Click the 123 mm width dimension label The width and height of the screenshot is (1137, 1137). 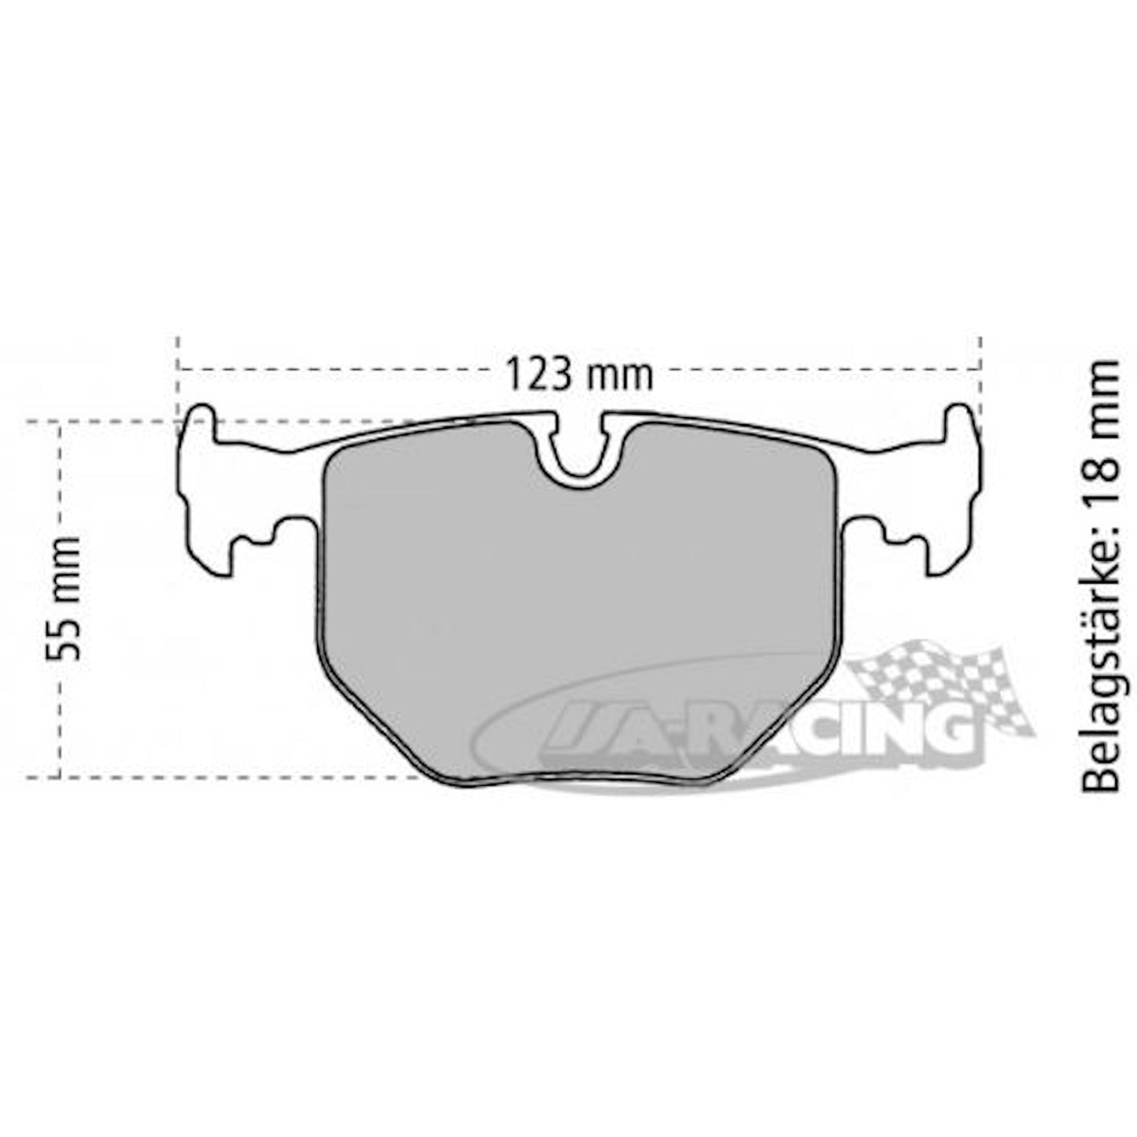click(580, 374)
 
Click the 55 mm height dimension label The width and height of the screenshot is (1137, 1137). click(63, 598)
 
